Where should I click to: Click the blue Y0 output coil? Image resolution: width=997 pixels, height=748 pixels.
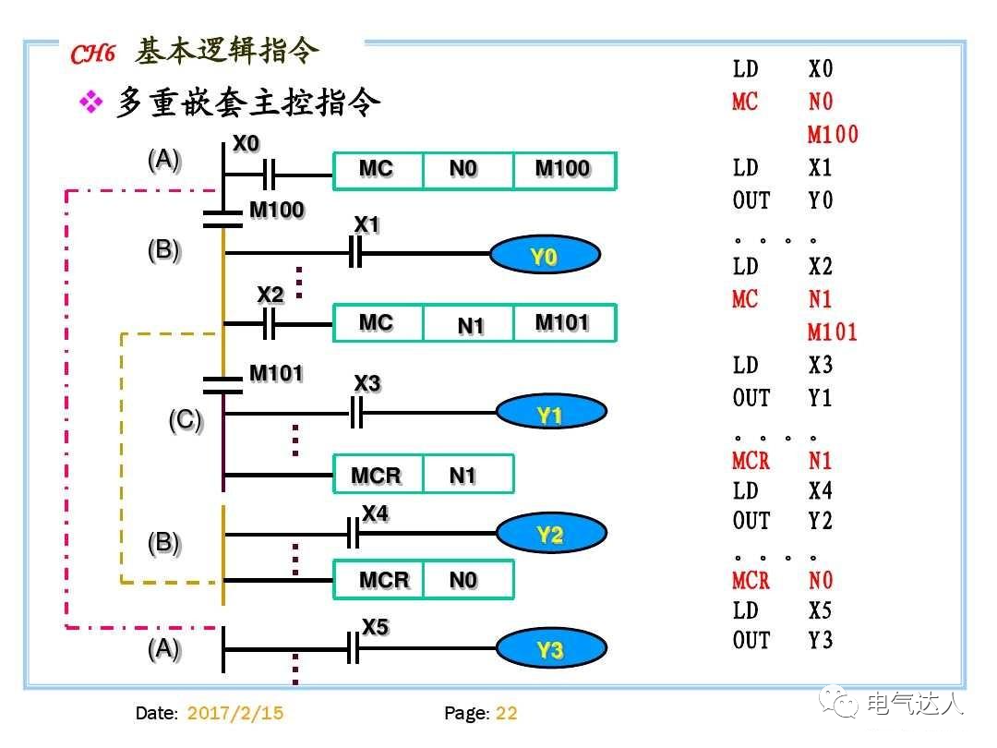(x=544, y=256)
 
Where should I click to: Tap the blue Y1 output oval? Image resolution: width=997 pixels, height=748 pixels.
(x=550, y=415)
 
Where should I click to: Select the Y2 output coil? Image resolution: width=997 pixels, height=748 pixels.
(x=551, y=534)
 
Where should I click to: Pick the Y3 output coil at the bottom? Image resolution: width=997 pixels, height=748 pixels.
(x=551, y=650)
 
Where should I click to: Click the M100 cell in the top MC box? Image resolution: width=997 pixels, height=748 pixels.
(x=563, y=171)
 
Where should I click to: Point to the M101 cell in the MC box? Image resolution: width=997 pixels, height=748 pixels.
(x=563, y=323)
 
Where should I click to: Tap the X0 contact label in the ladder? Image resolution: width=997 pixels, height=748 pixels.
(x=246, y=144)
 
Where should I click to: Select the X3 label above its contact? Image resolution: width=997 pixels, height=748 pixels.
(x=367, y=383)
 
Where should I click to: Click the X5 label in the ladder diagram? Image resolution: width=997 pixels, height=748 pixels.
(x=375, y=627)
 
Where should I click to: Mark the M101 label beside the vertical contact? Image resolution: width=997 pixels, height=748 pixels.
(x=276, y=373)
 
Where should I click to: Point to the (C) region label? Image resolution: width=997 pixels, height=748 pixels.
(x=185, y=421)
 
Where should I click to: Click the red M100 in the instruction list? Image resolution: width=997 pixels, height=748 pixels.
(x=833, y=135)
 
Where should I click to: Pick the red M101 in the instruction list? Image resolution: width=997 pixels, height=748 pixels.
(x=833, y=332)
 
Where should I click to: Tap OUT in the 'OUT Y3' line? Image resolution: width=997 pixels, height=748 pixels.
(x=751, y=640)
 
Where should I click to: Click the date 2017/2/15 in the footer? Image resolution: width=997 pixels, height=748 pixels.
(x=234, y=713)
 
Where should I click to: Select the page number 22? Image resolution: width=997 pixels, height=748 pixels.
(x=507, y=713)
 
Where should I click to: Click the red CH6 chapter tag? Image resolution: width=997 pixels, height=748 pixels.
(x=93, y=54)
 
